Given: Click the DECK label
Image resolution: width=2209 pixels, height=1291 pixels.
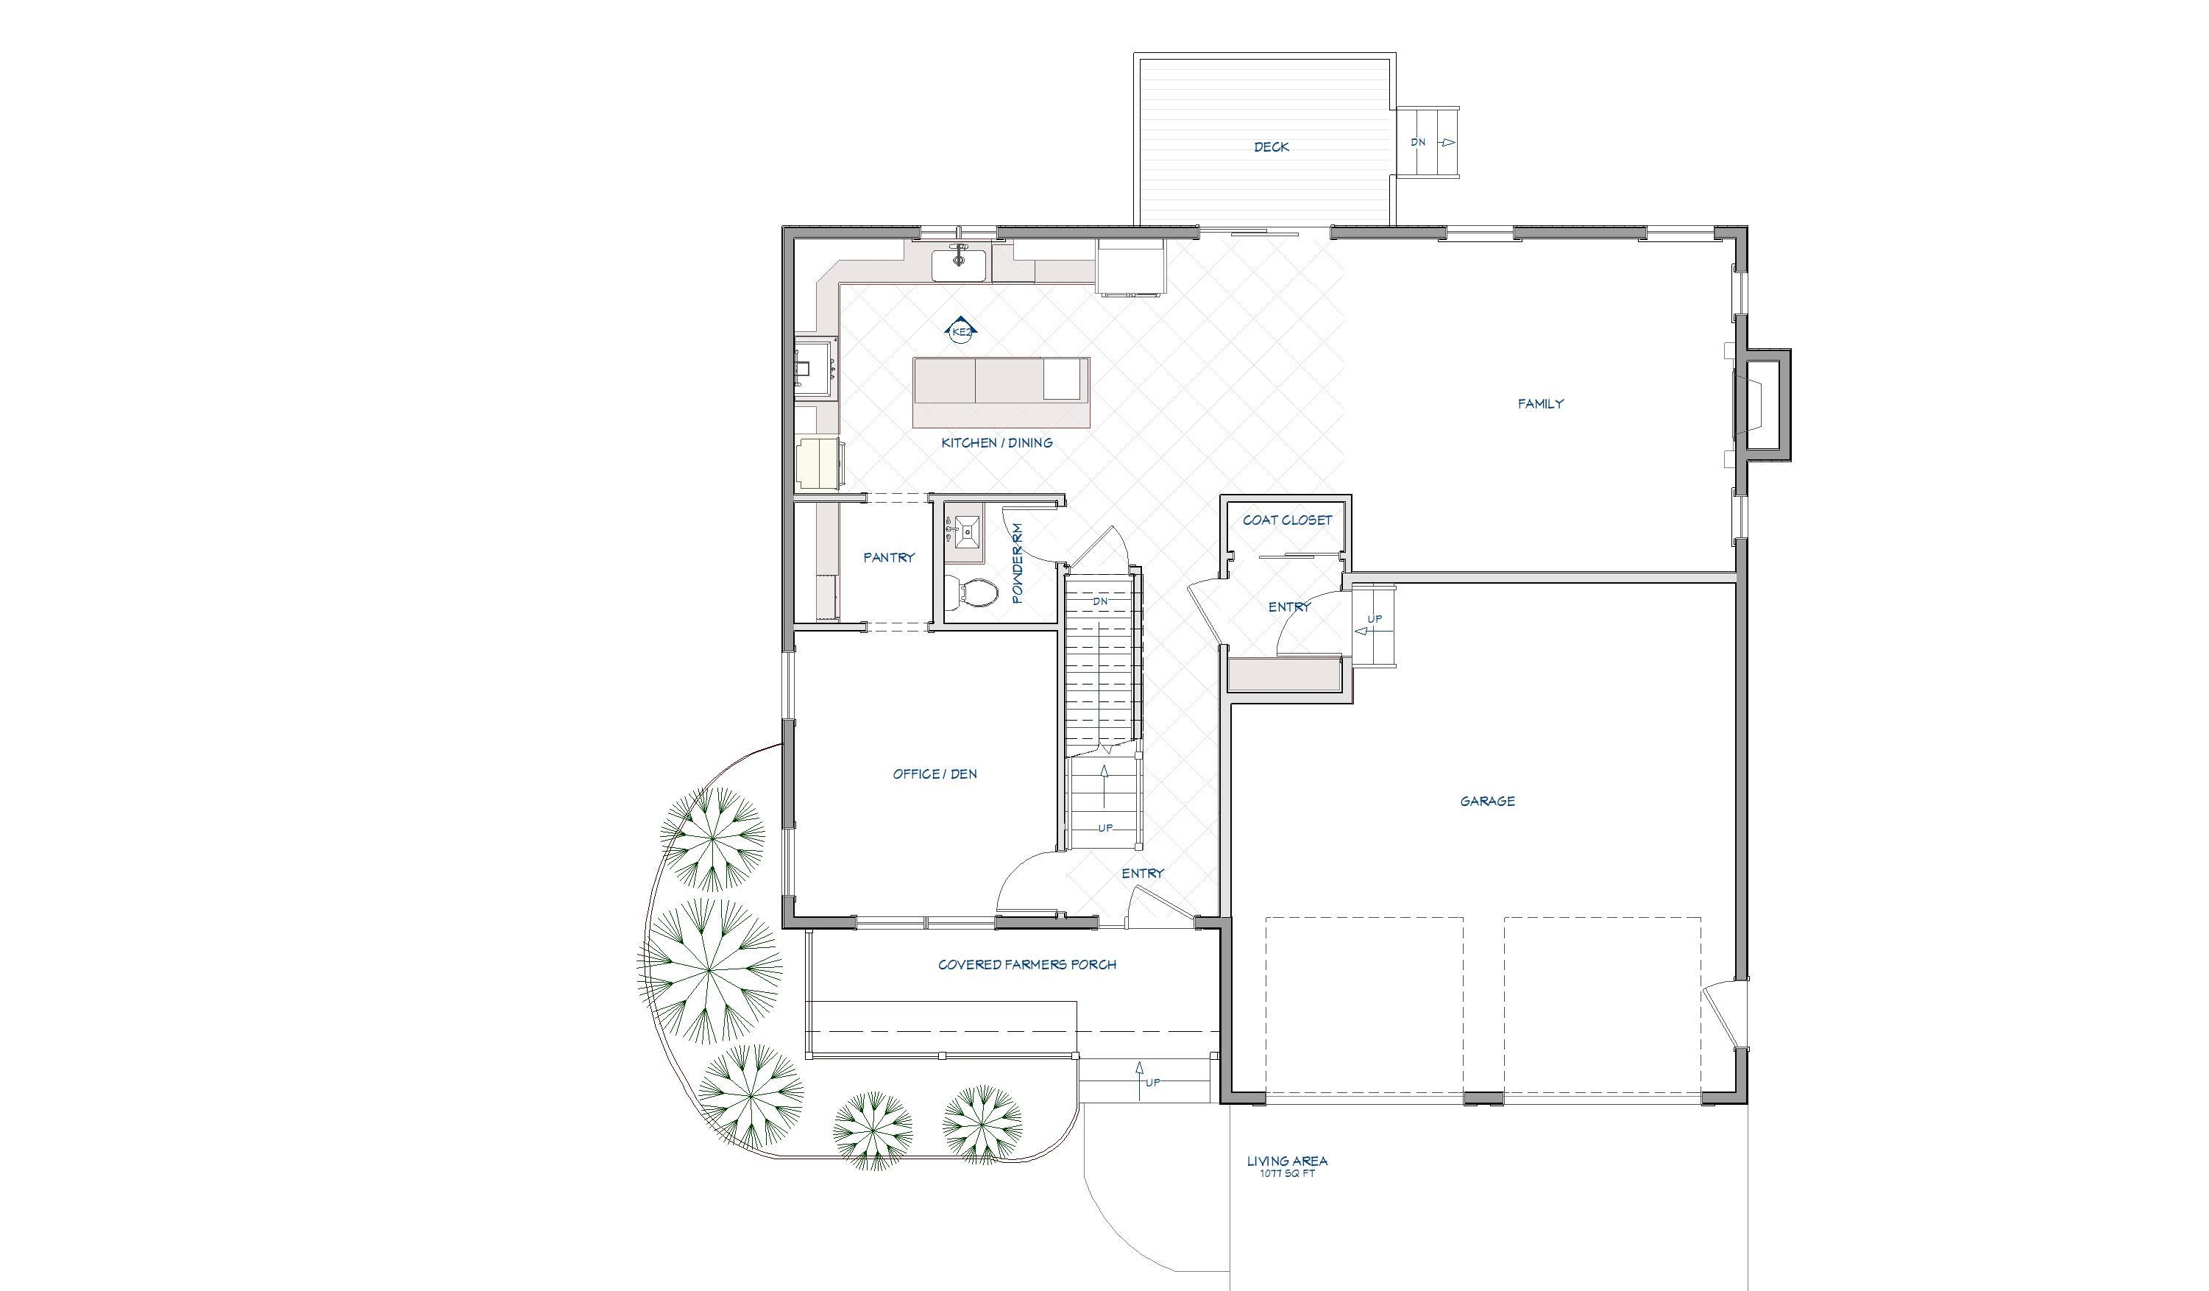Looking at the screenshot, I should pyautogui.click(x=1271, y=147).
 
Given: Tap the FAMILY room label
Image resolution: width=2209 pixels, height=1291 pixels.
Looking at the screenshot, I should pyautogui.click(x=1540, y=404).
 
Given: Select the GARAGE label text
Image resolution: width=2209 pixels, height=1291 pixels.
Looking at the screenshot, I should pyautogui.click(x=1486, y=801).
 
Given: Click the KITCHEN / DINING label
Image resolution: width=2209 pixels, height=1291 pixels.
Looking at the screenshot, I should pyautogui.click(x=996, y=443).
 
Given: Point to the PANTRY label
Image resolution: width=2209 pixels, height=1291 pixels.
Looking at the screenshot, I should pyautogui.click(x=888, y=557).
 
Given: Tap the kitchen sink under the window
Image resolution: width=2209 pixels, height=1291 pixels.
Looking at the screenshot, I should pyautogui.click(x=959, y=262).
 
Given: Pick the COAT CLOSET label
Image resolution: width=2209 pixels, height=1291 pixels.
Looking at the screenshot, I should pyautogui.click(x=1287, y=520).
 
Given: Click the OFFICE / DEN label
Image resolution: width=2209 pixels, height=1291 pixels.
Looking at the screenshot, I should pyautogui.click(x=935, y=774).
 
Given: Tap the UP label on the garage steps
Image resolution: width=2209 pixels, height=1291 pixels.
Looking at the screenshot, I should pyautogui.click(x=1375, y=619).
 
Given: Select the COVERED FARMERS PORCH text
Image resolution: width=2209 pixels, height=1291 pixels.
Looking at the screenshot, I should pyautogui.click(x=1027, y=965).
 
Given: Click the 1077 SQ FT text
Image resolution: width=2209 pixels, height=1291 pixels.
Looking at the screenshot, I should pyautogui.click(x=1287, y=1173).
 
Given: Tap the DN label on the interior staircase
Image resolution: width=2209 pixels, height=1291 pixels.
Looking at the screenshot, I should pyautogui.click(x=1100, y=601).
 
